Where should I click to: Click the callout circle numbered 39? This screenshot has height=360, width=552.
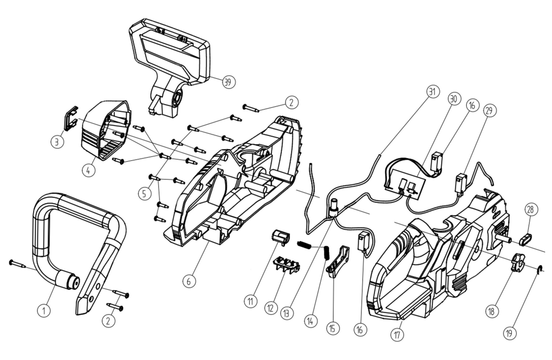point(227,82)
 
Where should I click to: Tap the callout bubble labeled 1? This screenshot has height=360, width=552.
point(44,311)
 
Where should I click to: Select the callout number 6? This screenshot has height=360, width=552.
point(188,282)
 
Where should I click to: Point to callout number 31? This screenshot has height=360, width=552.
point(431,91)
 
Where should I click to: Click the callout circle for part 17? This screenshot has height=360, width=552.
point(397,335)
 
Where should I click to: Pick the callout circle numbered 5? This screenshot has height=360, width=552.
point(145,193)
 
